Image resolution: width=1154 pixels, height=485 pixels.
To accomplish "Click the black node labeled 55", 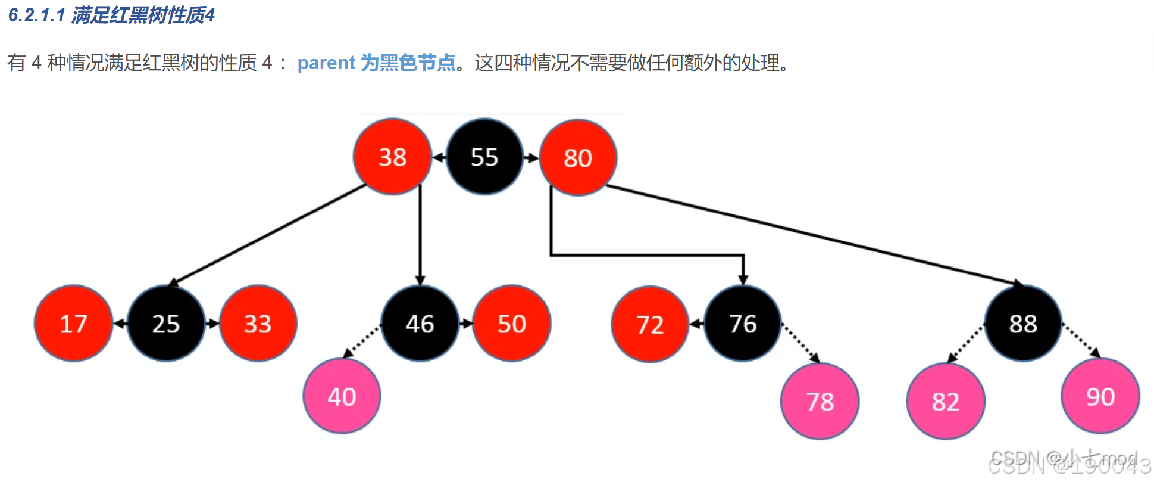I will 484,157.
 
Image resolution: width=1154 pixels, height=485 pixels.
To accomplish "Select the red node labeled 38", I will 392,157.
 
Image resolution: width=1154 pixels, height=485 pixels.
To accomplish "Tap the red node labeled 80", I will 578,158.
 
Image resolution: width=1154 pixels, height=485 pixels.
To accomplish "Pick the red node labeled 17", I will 73,324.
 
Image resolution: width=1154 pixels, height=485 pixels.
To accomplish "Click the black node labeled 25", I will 166,324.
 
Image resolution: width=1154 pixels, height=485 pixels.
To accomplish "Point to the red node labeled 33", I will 258,324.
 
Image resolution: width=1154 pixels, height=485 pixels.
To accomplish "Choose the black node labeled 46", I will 420,324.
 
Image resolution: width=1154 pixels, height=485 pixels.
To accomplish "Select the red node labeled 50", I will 512,324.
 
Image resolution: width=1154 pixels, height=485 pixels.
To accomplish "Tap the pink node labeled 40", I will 342,396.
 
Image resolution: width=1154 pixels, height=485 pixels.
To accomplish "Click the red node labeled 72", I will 650,325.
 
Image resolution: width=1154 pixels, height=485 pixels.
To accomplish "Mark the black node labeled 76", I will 743,324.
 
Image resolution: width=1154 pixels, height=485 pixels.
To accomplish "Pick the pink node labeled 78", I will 820,401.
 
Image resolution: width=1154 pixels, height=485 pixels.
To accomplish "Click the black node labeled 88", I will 1023,324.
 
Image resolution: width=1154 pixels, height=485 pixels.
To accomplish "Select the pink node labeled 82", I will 946,401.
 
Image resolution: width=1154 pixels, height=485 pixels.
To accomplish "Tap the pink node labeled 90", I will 1100,396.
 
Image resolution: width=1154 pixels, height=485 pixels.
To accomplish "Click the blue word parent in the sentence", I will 326,63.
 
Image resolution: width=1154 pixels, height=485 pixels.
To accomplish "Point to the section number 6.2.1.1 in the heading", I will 36,15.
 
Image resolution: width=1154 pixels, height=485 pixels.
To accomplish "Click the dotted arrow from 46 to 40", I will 363,341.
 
